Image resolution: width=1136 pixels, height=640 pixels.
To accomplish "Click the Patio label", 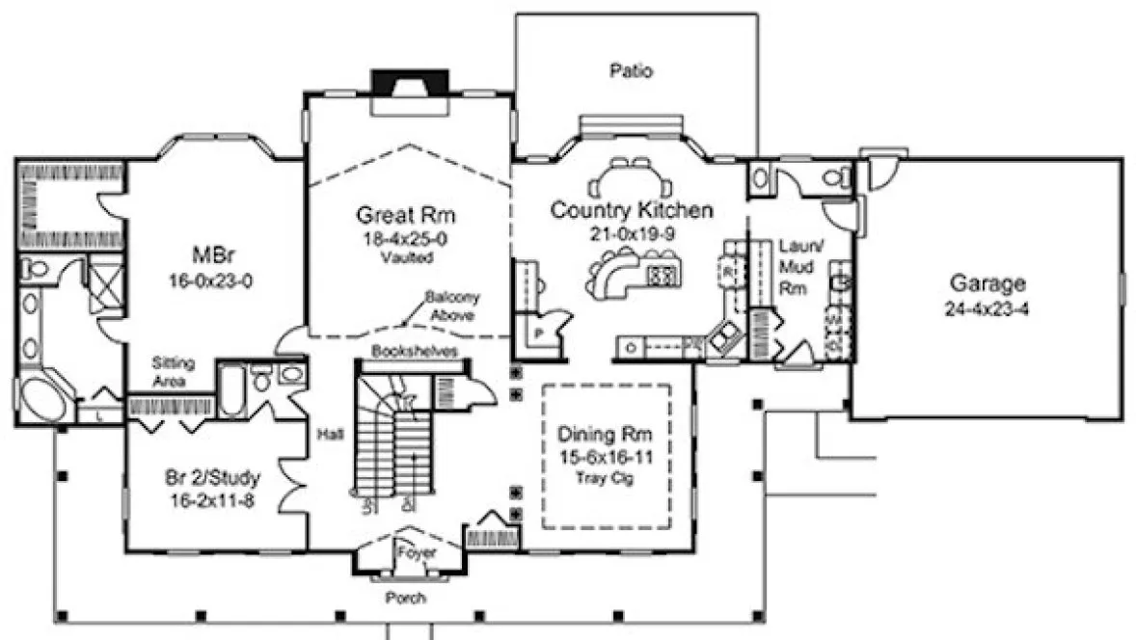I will [632, 70].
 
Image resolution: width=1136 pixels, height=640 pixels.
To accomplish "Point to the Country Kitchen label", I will [632, 210].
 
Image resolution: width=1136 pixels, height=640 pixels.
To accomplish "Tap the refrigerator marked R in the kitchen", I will [728, 271].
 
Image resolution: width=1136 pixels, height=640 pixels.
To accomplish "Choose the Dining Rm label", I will [606, 435].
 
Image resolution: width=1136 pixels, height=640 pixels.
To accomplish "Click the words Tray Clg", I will [606, 479].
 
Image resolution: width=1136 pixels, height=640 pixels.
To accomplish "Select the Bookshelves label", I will [413, 351].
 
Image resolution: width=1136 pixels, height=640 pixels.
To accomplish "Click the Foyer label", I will [416, 553].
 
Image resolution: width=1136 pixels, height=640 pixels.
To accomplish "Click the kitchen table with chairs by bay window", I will [632, 178].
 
